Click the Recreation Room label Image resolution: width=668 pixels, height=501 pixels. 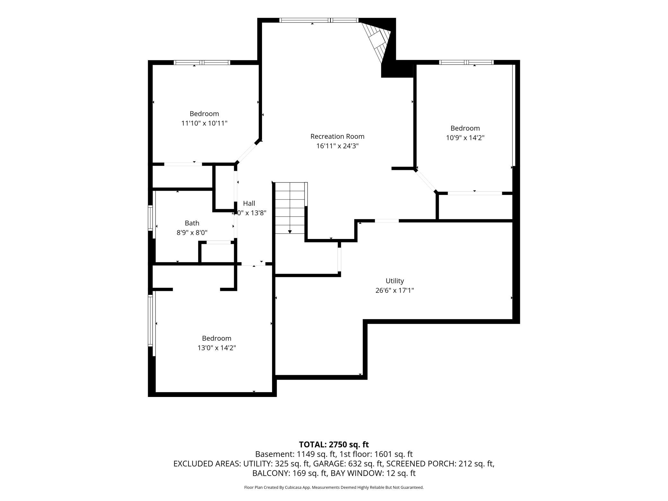point(337,136)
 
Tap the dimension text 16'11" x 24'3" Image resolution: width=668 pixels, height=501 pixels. point(337,146)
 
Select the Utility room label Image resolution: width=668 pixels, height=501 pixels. point(395,281)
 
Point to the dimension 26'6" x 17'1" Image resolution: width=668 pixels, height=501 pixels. point(395,290)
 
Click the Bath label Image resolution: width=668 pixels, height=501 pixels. point(192,223)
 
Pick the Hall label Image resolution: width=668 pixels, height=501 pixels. point(249,203)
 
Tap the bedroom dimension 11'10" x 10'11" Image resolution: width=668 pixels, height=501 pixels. point(204,123)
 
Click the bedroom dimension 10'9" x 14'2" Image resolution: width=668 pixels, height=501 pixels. point(465,137)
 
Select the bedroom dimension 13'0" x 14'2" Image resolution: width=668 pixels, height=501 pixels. point(217,347)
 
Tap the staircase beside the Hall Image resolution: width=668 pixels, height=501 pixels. point(290,208)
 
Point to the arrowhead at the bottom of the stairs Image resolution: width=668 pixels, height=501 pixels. point(290,232)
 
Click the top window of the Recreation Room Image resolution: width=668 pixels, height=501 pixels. point(319,20)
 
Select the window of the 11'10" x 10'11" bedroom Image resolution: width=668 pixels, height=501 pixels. point(202,62)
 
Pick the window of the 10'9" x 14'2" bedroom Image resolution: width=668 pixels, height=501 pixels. point(466,62)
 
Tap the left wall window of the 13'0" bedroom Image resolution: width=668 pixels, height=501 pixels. point(150,321)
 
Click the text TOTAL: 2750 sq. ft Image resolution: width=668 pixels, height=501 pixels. point(334,444)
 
